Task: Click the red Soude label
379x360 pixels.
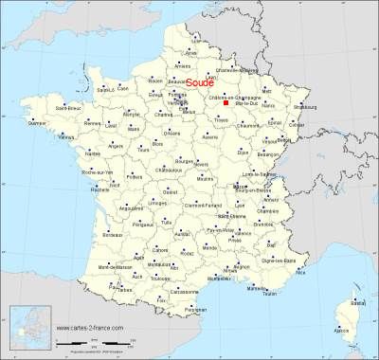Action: click(x=199, y=83)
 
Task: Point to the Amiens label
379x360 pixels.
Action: click(x=184, y=66)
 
